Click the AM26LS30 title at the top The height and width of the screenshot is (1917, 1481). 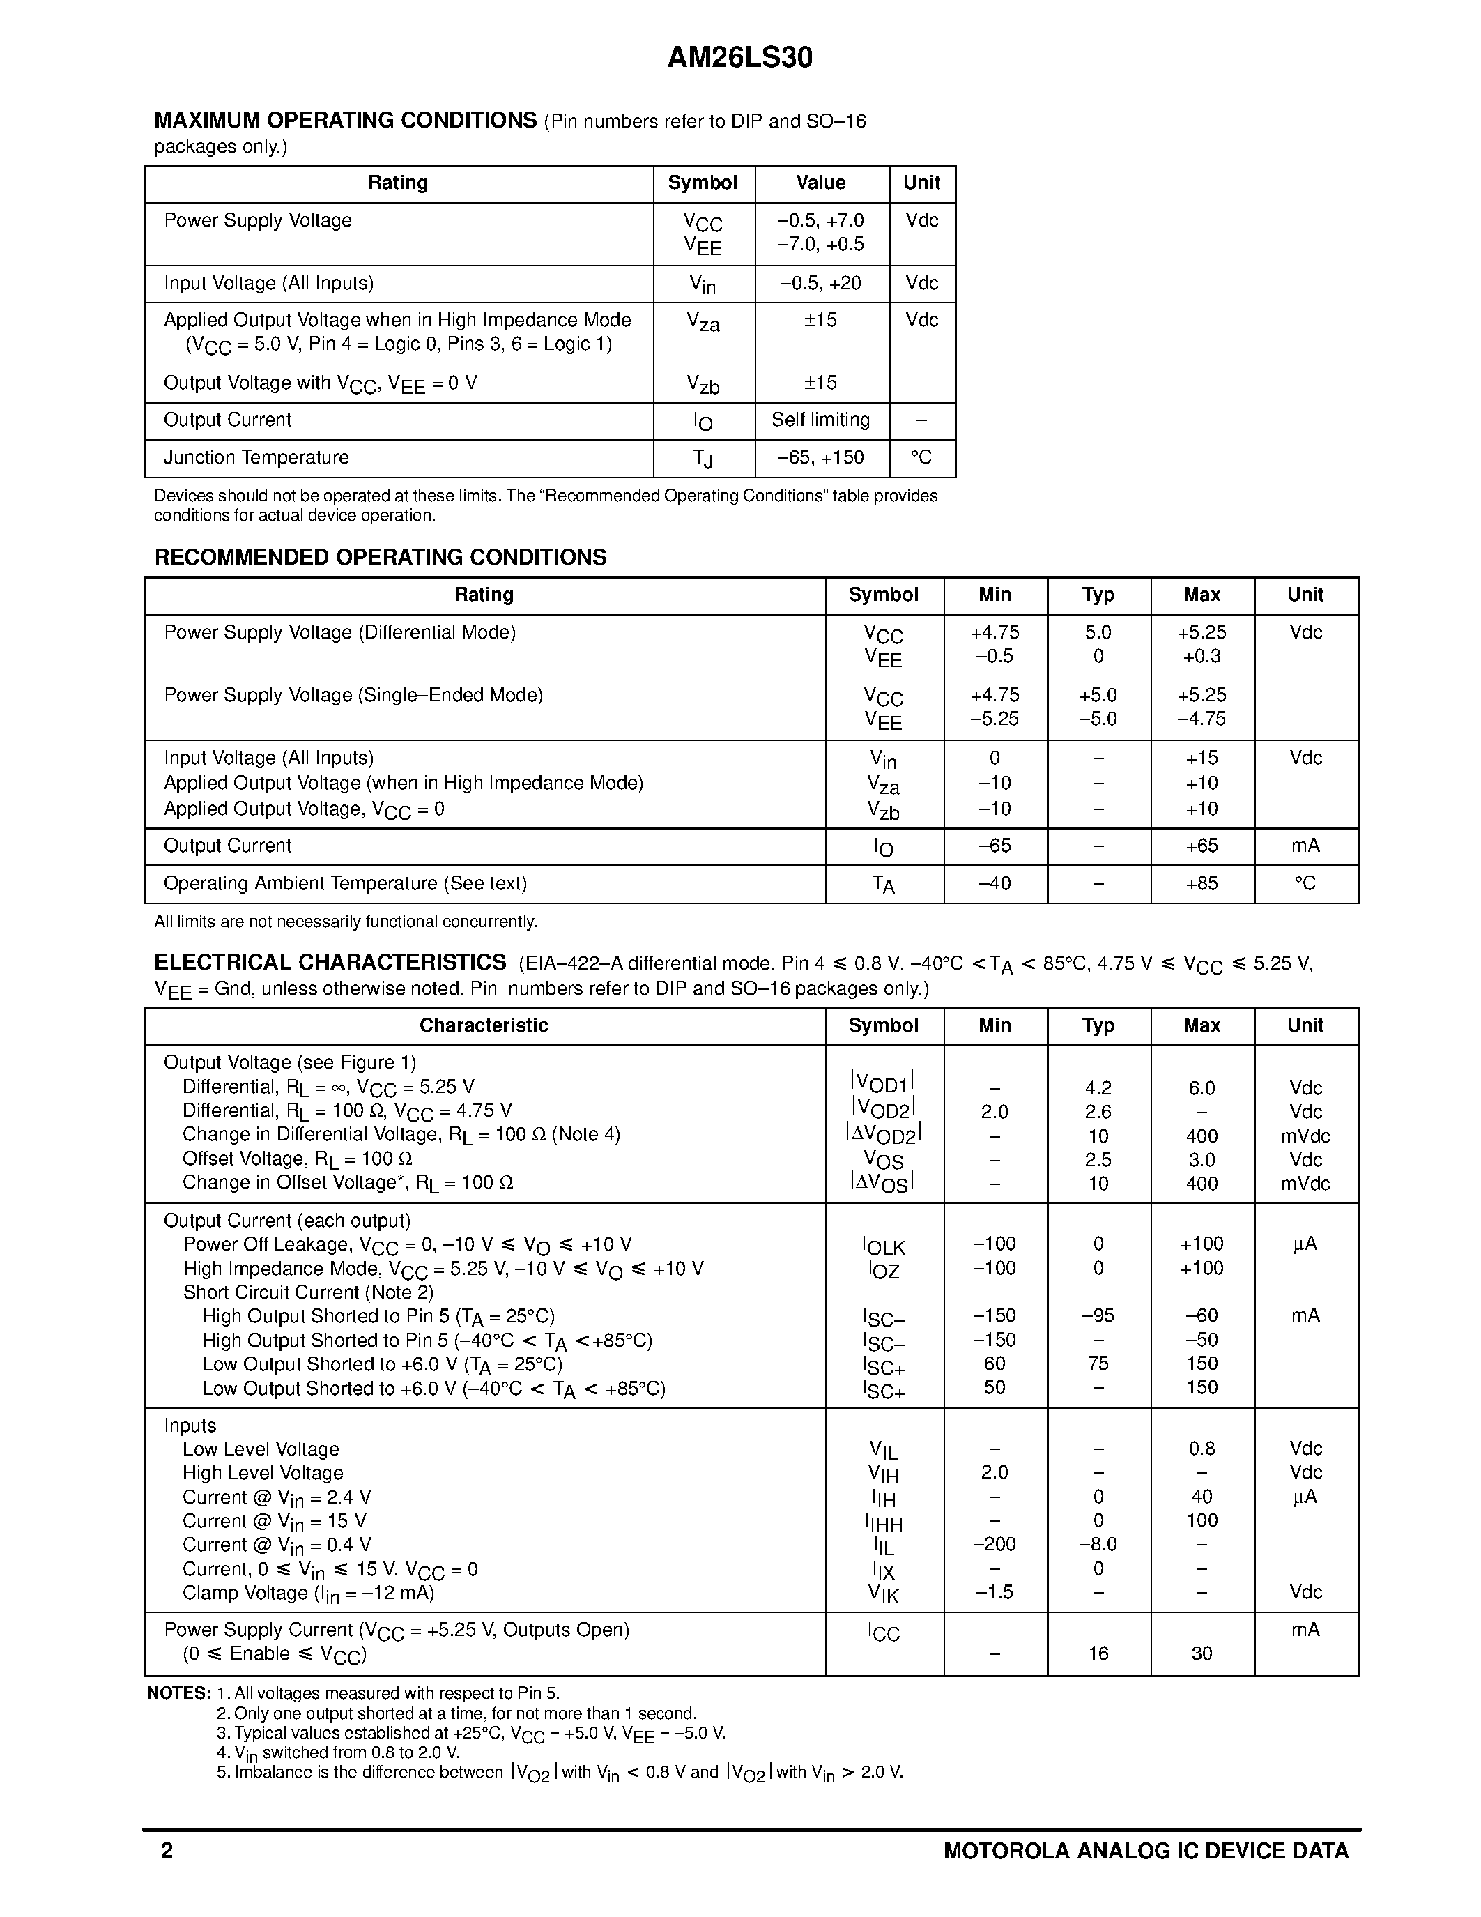click(x=739, y=58)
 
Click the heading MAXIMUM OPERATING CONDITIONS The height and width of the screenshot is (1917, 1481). click(x=345, y=121)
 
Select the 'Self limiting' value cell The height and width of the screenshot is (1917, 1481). click(x=820, y=420)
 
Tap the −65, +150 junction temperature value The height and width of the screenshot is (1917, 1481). click(x=820, y=457)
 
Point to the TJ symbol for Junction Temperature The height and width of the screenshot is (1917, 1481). click(x=703, y=458)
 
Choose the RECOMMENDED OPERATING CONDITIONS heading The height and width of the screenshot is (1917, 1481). click(x=380, y=558)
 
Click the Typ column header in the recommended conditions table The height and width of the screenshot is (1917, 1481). click(x=1098, y=595)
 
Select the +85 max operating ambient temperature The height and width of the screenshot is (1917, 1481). click(x=1201, y=884)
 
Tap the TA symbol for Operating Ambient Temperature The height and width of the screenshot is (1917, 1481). click(x=882, y=885)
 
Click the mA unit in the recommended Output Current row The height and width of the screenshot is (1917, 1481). click(x=1305, y=846)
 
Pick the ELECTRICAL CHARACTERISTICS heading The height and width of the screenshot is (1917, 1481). click(x=330, y=963)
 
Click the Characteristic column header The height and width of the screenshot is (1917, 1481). click(x=484, y=1026)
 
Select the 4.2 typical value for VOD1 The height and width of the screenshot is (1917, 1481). click(x=1098, y=1088)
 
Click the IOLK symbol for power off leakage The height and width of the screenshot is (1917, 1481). click(x=882, y=1246)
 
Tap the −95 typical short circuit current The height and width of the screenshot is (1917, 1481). click(x=1098, y=1315)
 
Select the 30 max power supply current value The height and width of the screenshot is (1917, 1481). click(x=1201, y=1653)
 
